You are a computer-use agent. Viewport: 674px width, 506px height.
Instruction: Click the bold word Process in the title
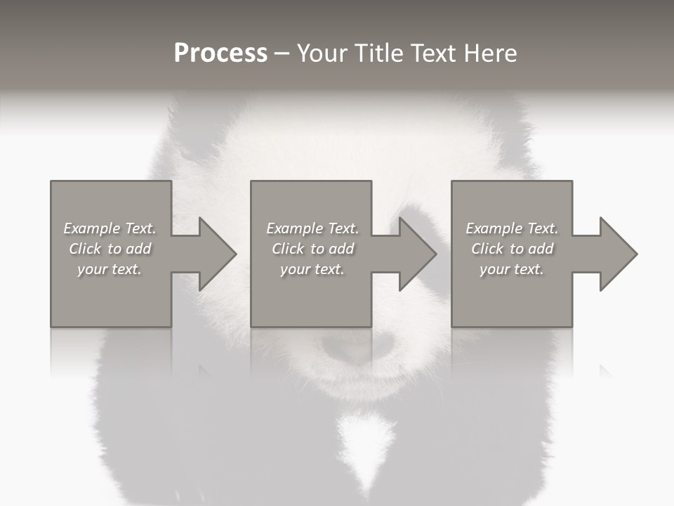tap(220, 53)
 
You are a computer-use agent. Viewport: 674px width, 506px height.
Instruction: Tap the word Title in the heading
tap(376, 53)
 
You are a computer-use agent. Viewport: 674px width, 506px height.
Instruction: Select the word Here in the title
tap(489, 53)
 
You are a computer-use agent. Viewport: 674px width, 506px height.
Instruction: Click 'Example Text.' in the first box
tap(110, 228)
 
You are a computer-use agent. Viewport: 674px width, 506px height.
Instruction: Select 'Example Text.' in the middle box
tap(312, 228)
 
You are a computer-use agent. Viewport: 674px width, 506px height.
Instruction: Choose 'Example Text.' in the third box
tap(512, 228)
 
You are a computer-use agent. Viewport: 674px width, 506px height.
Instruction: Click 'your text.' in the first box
tap(110, 269)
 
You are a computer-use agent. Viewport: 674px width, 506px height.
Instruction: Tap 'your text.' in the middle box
tap(312, 269)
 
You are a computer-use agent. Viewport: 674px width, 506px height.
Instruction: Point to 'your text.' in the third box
tap(512, 269)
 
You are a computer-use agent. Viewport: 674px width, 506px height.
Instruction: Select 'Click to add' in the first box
tap(110, 249)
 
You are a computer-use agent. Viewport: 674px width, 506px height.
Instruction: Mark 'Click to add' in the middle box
tap(312, 249)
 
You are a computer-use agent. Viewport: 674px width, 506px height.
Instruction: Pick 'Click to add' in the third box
tap(512, 249)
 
